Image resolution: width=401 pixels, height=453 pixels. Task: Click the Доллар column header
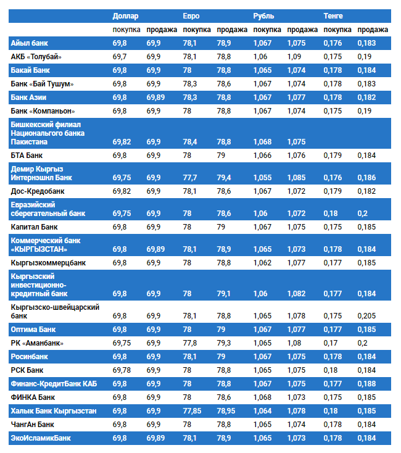(x=125, y=15)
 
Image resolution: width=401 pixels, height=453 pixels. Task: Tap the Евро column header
(x=191, y=15)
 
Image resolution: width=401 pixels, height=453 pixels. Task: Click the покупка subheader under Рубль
(x=267, y=30)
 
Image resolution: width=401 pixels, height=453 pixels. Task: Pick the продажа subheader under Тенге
(x=372, y=30)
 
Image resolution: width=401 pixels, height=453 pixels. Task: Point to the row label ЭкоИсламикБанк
(x=41, y=438)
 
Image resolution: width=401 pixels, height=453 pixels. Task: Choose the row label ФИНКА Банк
(x=33, y=397)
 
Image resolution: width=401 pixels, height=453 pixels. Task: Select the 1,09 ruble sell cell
(x=294, y=57)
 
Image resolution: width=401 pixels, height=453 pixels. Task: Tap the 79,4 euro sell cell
(x=224, y=178)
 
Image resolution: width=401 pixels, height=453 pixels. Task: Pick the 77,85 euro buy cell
(x=192, y=411)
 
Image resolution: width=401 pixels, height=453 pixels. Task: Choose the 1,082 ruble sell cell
(x=296, y=294)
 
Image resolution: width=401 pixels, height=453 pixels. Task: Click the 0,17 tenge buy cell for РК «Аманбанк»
(x=331, y=343)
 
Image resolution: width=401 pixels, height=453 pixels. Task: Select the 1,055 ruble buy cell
(x=262, y=178)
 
